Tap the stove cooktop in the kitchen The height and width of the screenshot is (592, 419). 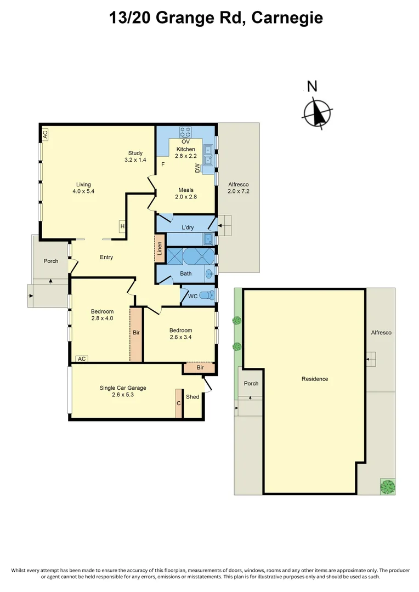[x=185, y=132]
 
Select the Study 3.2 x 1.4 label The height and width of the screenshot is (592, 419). [x=135, y=156]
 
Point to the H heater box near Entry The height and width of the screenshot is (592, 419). [x=122, y=226]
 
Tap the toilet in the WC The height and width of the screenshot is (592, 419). [x=207, y=295]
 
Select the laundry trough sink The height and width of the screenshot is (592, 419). [x=208, y=239]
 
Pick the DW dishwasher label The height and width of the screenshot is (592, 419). [x=197, y=168]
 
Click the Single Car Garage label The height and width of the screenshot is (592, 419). [x=123, y=391]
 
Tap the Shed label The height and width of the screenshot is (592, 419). [x=192, y=396]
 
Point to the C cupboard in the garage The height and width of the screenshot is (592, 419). [x=179, y=403]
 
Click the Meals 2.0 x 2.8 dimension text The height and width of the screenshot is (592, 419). [x=185, y=193]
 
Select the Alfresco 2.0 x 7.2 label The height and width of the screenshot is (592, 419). [x=239, y=188]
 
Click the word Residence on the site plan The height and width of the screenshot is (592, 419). [x=315, y=379]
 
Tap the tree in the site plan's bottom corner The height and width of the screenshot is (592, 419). [x=388, y=486]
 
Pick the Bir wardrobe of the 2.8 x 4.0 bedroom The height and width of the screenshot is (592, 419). [x=136, y=333]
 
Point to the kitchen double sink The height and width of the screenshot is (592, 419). [x=208, y=155]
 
